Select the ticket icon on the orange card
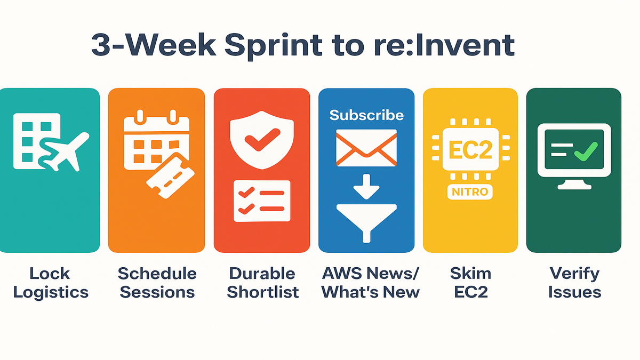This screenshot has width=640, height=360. pos(171,175)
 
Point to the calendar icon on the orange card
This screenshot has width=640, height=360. pos(156,139)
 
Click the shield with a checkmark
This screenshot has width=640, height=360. pos(262,140)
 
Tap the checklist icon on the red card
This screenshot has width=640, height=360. pos(262,201)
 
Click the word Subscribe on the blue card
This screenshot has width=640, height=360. pos(366,115)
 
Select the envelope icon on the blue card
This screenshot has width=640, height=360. pos(366,148)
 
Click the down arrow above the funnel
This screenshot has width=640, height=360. pos(366,187)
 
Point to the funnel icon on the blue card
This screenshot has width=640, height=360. pos(366,223)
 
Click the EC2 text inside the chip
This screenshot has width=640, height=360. pos(470,150)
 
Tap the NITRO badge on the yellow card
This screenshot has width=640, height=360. pos(470,191)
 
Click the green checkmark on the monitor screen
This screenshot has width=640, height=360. pos(586,151)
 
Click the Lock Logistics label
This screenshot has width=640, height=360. pos(51,283)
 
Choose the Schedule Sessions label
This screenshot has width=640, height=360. pos(157,283)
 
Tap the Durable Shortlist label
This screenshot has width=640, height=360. pos(262,283)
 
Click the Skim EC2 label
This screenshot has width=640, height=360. pos(470,283)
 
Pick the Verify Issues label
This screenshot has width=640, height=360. pos(574,283)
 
